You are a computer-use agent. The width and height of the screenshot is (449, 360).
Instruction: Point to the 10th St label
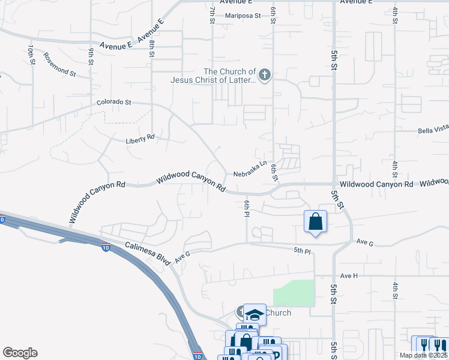click(31, 55)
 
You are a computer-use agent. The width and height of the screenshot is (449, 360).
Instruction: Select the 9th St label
click(91, 55)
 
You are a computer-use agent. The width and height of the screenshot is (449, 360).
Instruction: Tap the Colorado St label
click(114, 103)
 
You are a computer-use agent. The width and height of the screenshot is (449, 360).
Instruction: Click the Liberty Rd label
click(140, 139)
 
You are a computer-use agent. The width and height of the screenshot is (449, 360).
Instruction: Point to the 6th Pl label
click(246, 209)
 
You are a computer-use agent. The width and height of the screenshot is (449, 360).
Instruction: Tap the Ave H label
click(349, 275)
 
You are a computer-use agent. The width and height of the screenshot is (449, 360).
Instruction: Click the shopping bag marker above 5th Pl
click(315, 222)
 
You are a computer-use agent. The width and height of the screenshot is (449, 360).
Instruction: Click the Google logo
click(20, 353)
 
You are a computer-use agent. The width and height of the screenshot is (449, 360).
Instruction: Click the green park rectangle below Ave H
click(294, 293)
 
